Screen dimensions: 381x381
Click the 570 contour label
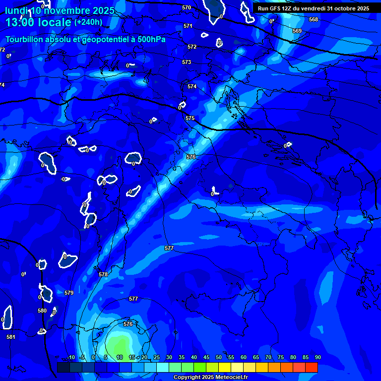pyautogui.click(x=187, y=7)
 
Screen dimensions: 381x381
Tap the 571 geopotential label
pyautogui.click(x=188, y=26)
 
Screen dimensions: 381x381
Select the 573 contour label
pyautogui.click(x=187, y=62)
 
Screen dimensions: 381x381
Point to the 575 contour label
pyautogui.click(x=190, y=118)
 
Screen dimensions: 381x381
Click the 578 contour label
pyautogui.click(x=103, y=274)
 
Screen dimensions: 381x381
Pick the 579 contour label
pyautogui.click(x=69, y=293)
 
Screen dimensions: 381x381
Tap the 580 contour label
pyautogui.click(x=42, y=311)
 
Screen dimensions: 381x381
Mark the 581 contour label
pyautogui.click(x=11, y=337)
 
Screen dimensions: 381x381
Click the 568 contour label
pyautogui.click(x=313, y=19)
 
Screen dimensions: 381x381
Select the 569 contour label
pyautogui.click(x=297, y=31)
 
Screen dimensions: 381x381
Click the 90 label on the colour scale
pyautogui.click(x=317, y=357)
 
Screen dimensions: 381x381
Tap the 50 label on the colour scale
pyautogui.click(x=218, y=357)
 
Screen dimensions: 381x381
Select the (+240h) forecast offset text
pyautogui.click(x=88, y=22)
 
